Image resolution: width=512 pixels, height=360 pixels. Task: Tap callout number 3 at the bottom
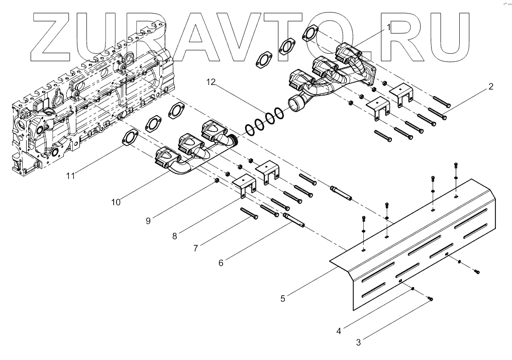pos(358,343)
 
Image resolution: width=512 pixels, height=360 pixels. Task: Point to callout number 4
pos(339,331)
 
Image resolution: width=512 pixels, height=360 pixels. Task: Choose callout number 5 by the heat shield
pos(283,298)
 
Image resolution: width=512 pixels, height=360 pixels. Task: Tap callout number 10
pos(116,202)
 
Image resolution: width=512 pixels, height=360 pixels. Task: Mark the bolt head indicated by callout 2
pos(445,117)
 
